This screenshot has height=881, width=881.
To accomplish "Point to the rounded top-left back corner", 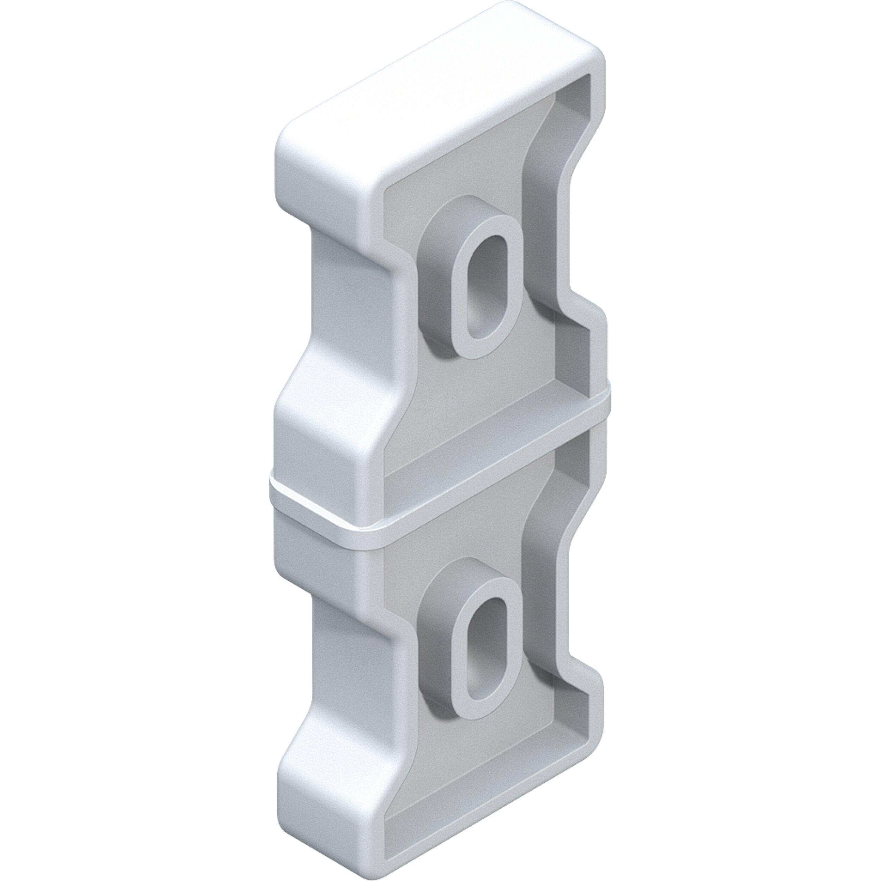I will click(x=292, y=137).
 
